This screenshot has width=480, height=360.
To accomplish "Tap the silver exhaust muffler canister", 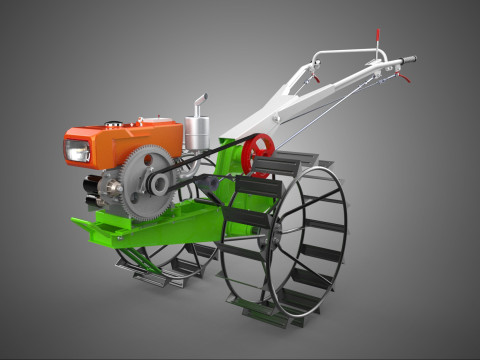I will click(x=197, y=132).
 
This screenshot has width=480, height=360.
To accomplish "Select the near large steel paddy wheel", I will click(x=284, y=241).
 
